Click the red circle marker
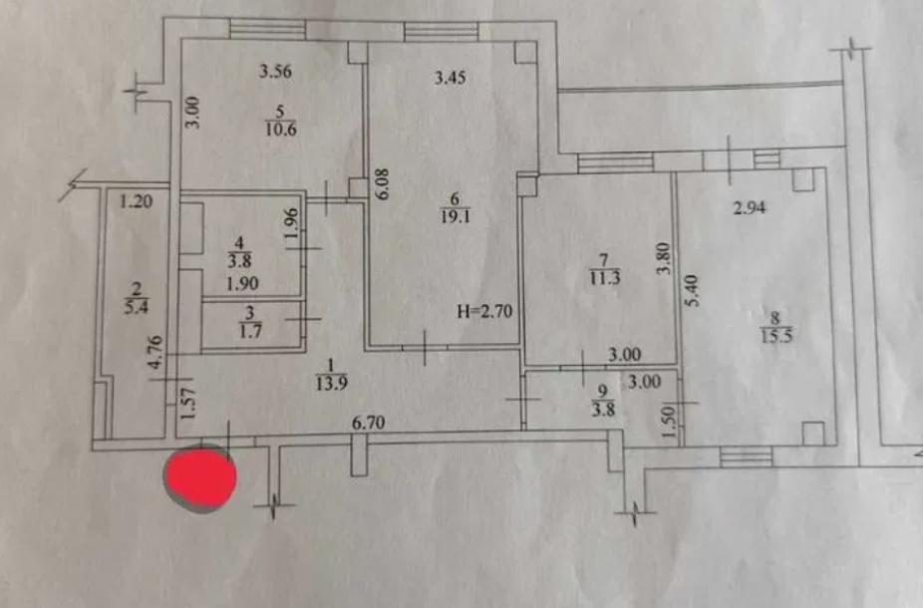coord(200,477)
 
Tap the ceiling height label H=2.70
coord(485,311)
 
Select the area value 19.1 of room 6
coord(456,217)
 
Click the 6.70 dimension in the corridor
coord(369,423)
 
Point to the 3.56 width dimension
coord(275,71)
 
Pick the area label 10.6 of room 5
coord(281,129)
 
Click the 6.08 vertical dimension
coord(383,184)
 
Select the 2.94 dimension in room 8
coord(750,207)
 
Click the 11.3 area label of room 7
coord(605,277)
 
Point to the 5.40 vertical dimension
coord(692,290)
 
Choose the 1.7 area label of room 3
coord(251,331)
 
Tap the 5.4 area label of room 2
coord(136,307)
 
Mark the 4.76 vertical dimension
coord(155,352)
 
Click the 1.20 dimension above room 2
coord(136,202)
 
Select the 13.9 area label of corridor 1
coord(331,384)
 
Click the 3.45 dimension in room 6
coord(451,78)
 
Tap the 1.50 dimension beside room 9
coord(668,423)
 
